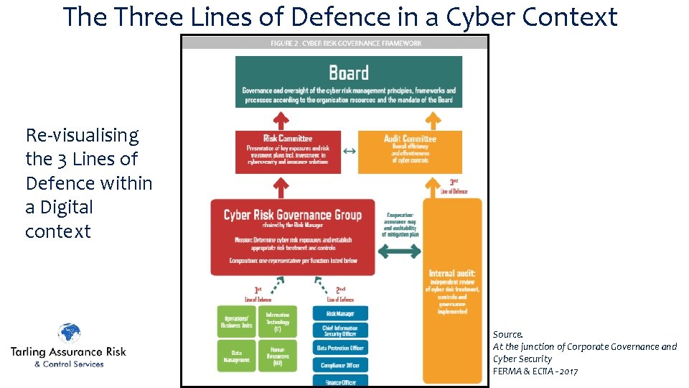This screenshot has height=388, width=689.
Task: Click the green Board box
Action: [349, 81]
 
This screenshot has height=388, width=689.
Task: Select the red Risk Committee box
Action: [288, 151]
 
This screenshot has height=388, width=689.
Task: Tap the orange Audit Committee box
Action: [410, 151]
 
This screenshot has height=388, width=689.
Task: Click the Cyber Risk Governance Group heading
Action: [293, 215]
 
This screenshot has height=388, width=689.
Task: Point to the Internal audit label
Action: [451, 273]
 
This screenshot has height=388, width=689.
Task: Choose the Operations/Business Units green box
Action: [237, 322]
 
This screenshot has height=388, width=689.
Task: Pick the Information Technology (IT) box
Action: [277, 322]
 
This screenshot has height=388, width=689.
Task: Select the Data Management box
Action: [237, 356]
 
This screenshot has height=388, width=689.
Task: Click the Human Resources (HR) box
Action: [277, 356]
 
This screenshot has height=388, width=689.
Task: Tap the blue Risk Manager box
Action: [340, 313]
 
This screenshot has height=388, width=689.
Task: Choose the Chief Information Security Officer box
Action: [340, 331]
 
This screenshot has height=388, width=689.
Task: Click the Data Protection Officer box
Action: [340, 348]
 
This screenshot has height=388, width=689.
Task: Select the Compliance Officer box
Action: [340, 365]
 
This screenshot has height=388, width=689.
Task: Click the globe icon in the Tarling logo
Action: [69, 335]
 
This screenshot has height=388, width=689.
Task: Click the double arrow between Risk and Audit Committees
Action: [349, 151]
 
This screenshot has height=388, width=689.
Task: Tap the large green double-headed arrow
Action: [399, 251]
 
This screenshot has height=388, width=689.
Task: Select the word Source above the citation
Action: [507, 335]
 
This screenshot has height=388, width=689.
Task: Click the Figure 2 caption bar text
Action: [346, 43]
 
